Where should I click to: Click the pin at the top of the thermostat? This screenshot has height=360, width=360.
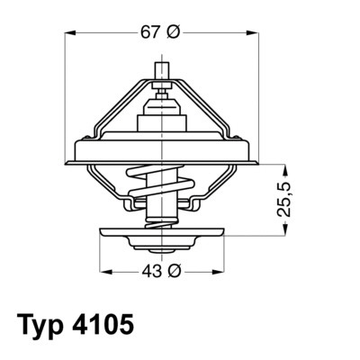165,70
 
